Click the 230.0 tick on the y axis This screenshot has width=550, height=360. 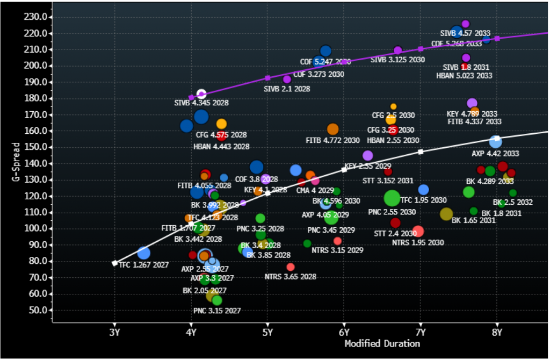pos(35,17)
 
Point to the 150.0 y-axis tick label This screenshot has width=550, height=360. pos(35,147)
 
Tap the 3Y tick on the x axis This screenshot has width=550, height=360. pos(114,331)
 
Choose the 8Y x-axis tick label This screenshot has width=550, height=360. pos(497,331)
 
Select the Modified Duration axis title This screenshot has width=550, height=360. pos(382,343)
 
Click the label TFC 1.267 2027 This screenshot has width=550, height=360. pos(143,265)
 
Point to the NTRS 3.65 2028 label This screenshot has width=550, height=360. pos(291,277)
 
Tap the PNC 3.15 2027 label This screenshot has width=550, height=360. pos(217,311)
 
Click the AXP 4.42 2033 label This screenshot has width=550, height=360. pos(495,154)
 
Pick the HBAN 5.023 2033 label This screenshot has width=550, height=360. pos(464,76)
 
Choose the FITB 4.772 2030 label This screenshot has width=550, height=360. pos(332,140)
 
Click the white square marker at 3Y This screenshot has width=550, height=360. pos(114,263)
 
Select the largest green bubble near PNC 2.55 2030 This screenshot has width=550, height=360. pos(392,198)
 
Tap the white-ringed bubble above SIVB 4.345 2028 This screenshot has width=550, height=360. pos(201,94)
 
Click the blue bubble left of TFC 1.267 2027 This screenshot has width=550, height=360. pos(143,253)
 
